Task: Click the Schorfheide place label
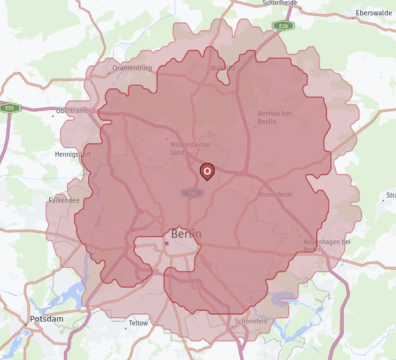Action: tap(280, 3)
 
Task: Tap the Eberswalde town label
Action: tap(374, 13)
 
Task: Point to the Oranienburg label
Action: tap(132, 68)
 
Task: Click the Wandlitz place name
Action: tap(223, 68)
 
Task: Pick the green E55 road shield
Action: tap(10, 108)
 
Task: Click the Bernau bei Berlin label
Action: tap(274, 117)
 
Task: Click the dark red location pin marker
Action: tap(207, 171)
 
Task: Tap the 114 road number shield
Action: tap(191, 193)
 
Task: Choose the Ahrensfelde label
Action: tap(275, 194)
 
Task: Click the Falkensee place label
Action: tap(64, 200)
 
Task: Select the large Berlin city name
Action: tap(186, 234)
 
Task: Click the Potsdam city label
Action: tap(47, 318)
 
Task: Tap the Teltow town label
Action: tap(138, 323)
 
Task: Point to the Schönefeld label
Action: tap(251, 321)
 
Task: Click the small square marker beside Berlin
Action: tap(166, 244)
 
